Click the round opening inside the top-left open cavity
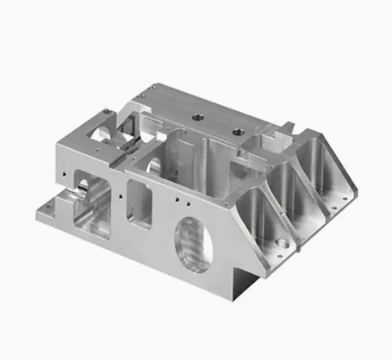click(101, 135)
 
